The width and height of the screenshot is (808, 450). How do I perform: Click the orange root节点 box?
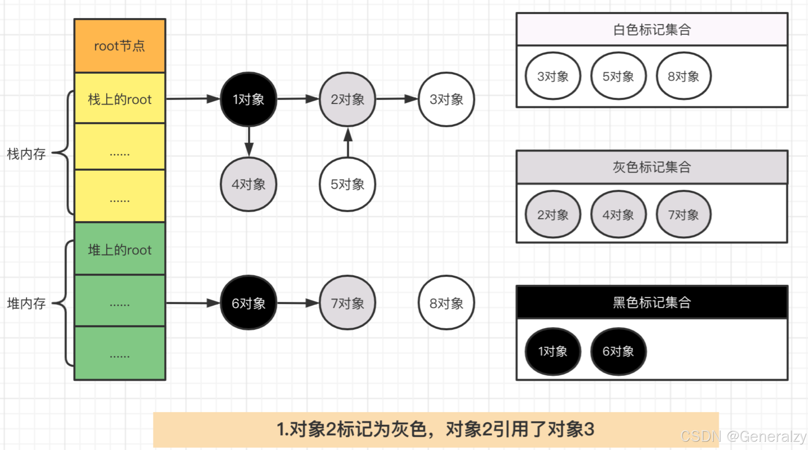[120, 46]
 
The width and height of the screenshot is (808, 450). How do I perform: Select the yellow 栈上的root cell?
[120, 99]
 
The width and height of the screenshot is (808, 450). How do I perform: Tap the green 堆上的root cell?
[120, 250]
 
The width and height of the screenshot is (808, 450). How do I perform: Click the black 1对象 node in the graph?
[248, 99]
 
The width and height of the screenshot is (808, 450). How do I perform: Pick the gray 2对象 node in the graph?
[347, 99]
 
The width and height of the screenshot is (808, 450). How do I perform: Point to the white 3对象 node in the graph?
[446, 99]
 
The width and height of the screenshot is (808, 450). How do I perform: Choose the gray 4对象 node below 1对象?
[248, 184]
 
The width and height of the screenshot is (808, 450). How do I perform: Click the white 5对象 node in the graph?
[347, 184]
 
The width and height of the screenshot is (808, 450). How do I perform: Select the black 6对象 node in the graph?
[248, 303]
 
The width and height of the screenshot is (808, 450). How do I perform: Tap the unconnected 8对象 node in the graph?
[446, 303]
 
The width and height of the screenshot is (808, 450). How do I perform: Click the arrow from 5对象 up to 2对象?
[348, 142]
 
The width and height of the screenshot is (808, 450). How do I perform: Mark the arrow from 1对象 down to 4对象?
[249, 142]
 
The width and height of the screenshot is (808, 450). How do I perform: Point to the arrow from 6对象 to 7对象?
[298, 303]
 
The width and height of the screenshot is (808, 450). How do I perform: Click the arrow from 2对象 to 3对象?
[397, 99]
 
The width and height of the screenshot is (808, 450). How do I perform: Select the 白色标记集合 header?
[652, 30]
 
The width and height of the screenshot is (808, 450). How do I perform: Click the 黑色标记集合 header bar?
[652, 302]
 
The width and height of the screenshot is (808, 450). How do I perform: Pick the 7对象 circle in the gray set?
[683, 215]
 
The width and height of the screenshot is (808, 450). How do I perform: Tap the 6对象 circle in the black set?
[618, 351]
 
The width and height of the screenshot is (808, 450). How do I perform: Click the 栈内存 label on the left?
[26, 153]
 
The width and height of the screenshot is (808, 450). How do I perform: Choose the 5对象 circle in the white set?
[618, 76]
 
